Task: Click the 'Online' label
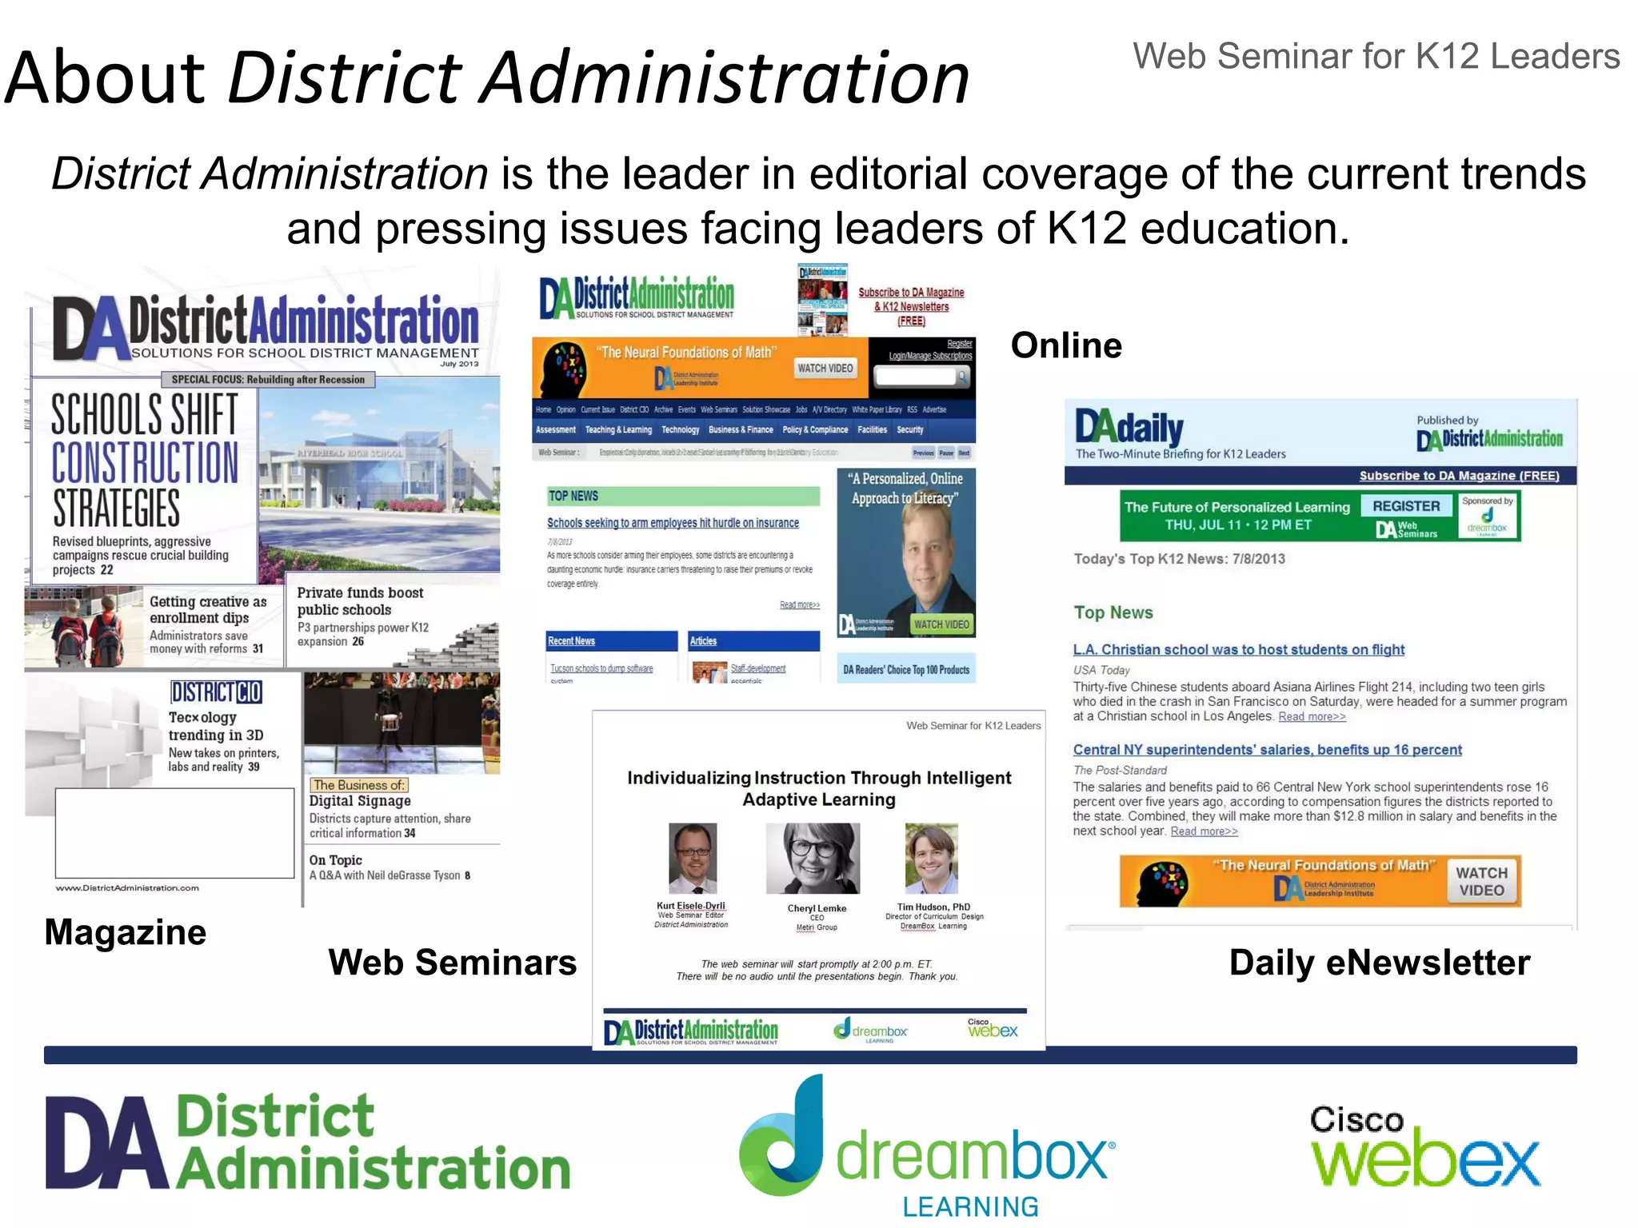pyautogui.click(x=1066, y=345)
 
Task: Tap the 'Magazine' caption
pyautogui.click(x=126, y=932)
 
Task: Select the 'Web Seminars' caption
pyautogui.click(x=452, y=962)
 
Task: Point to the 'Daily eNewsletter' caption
pyautogui.click(x=1380, y=963)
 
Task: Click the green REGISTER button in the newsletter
pyautogui.click(x=1405, y=506)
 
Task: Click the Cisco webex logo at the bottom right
pyautogui.click(x=1424, y=1148)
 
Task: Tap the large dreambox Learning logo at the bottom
pyautogui.click(x=927, y=1147)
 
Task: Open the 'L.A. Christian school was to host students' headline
pyautogui.click(x=1238, y=649)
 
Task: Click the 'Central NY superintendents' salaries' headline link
pyautogui.click(x=1267, y=749)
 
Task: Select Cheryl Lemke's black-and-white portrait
pyautogui.click(x=813, y=858)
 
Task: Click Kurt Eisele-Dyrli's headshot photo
pyautogui.click(x=693, y=858)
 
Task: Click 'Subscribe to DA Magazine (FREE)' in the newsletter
pyautogui.click(x=1459, y=476)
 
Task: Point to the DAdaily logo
pyautogui.click(x=1129, y=429)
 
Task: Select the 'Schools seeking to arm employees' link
pyautogui.click(x=673, y=523)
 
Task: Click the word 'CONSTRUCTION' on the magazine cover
pyautogui.click(x=145, y=462)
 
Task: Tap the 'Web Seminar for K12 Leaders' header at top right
pyautogui.click(x=1376, y=57)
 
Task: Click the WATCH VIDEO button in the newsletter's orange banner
pyautogui.click(x=1481, y=881)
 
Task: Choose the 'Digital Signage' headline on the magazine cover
pyautogui.click(x=360, y=800)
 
